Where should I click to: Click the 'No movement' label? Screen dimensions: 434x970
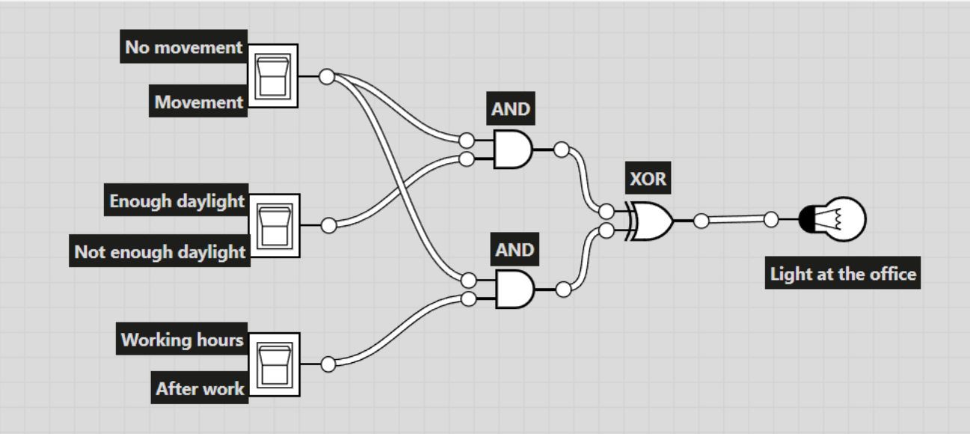183,48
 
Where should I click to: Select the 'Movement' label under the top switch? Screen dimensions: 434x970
199,102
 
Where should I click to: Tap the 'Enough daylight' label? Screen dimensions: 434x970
176,201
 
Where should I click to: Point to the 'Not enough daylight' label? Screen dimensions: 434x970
160,252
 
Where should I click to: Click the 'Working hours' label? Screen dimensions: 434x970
182,340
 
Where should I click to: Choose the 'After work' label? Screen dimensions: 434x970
200,389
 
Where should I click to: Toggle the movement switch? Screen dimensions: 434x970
272,76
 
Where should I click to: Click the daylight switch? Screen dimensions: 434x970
273,225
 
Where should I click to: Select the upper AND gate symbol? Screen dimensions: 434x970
512,150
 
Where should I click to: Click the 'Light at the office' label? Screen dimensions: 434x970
843,274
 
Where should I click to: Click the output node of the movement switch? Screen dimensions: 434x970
327,76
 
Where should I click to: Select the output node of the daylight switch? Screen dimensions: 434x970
328,225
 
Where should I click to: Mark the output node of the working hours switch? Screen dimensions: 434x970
328,364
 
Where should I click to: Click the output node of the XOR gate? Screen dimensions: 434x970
701,221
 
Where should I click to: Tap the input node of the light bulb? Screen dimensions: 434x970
771,220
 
